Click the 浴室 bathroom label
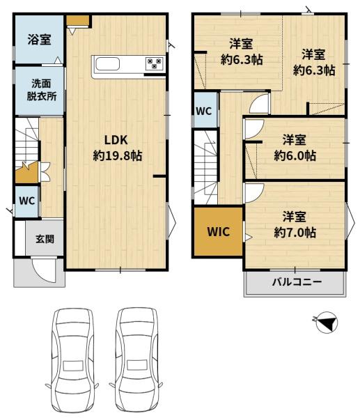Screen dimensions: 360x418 [39, 40]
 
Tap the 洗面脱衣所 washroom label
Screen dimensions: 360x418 [42, 90]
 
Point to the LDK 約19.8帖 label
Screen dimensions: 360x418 [117, 148]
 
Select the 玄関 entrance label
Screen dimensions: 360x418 [45, 239]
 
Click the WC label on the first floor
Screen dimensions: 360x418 [27, 201]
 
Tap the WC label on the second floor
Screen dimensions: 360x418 [204, 111]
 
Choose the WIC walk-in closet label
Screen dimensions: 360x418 [219, 232]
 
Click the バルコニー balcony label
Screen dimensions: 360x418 [297, 281]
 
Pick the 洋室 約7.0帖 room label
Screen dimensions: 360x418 [295, 224]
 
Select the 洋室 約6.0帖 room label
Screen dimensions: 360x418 [295, 148]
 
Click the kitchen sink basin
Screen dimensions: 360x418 [108, 64]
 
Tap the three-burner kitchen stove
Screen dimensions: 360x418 [155, 63]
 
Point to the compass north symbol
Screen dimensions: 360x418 [327, 322]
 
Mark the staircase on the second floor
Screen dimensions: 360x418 [205, 167]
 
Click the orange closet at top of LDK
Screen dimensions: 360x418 [77, 20]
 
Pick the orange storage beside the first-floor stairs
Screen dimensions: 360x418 [26, 173]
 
